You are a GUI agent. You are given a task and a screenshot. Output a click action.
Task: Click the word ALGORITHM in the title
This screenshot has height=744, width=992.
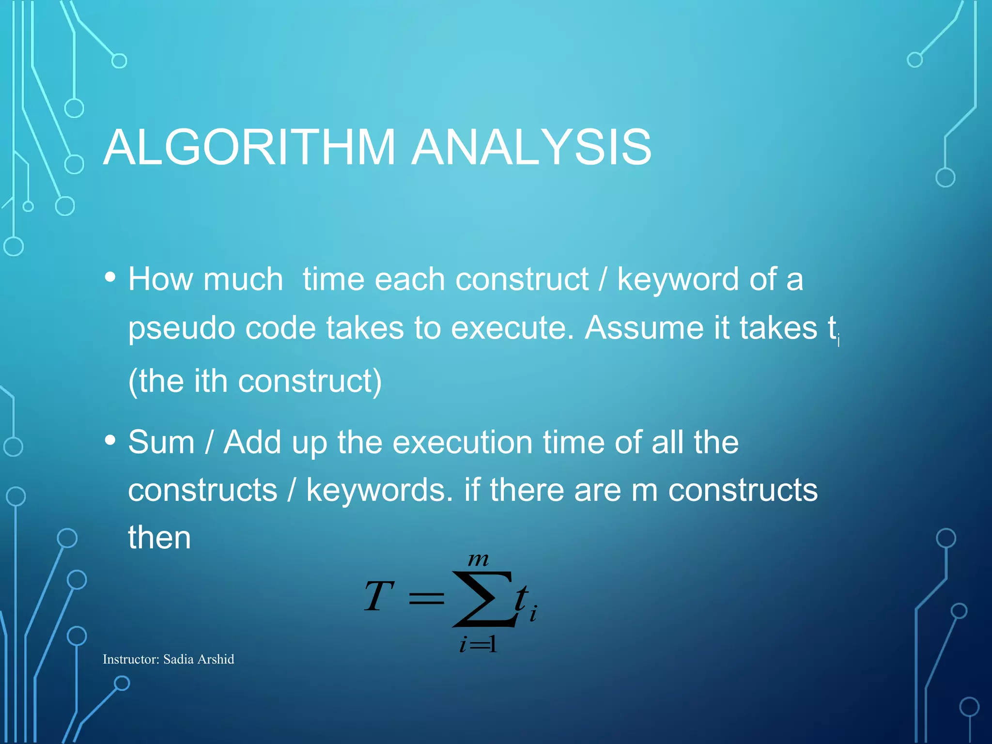tap(249, 147)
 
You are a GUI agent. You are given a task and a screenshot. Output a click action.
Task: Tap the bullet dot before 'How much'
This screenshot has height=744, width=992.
tap(110, 277)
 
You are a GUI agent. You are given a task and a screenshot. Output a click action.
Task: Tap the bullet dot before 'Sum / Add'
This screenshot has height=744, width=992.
tap(110, 440)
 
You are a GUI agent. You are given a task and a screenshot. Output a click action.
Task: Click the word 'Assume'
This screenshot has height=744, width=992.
tap(644, 328)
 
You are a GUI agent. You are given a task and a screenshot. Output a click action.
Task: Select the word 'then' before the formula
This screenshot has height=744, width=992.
tap(159, 538)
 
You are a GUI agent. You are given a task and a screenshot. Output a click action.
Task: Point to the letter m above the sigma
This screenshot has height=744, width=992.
tap(478, 560)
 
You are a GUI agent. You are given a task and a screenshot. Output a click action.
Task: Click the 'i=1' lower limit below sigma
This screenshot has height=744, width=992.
tap(478, 645)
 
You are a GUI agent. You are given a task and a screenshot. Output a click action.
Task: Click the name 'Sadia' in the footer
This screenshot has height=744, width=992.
tap(178, 659)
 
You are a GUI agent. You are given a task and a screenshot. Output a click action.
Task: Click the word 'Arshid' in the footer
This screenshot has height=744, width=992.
tap(216, 659)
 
